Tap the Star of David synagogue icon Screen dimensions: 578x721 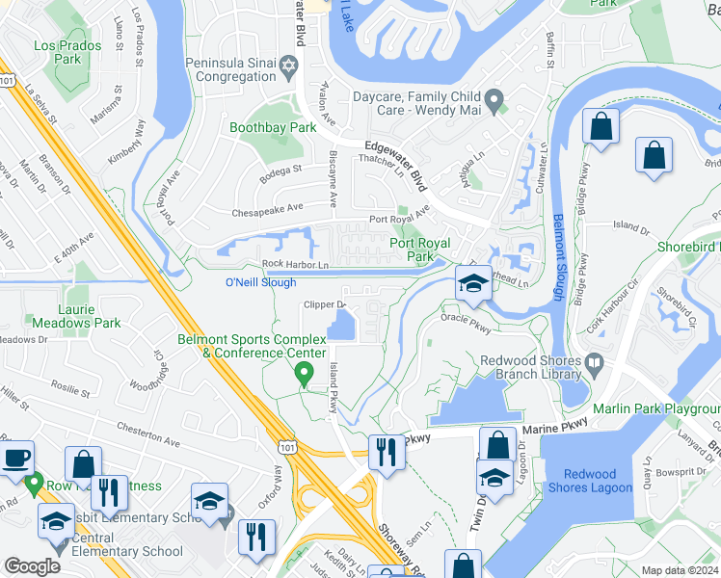[x=287, y=66]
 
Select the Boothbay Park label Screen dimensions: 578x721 [x=273, y=127]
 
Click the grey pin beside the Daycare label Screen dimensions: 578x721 [x=494, y=97]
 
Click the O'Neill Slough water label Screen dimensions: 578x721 [x=260, y=282]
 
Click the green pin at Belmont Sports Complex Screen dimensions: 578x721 [x=305, y=372]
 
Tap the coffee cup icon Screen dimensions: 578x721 [x=15, y=458]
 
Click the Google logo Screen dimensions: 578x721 [x=32, y=565]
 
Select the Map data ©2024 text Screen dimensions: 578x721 [x=680, y=570]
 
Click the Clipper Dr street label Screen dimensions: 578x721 [x=324, y=305]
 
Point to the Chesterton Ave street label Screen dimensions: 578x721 [x=148, y=434]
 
